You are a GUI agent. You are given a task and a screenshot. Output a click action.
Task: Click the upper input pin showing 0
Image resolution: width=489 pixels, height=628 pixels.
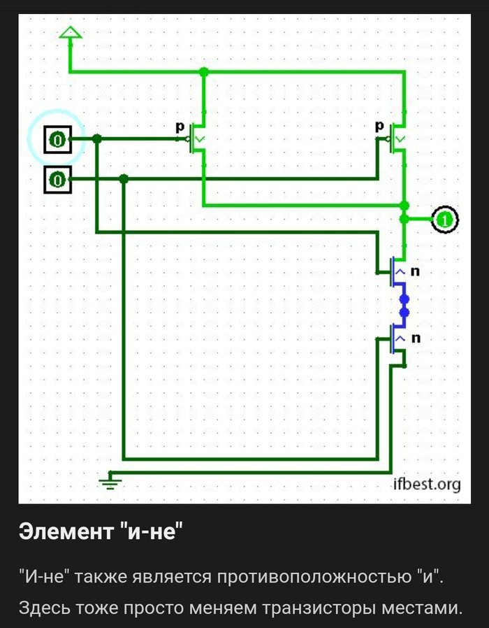pos(57,140)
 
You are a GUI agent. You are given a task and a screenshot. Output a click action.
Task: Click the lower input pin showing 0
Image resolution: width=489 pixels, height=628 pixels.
pos(57,180)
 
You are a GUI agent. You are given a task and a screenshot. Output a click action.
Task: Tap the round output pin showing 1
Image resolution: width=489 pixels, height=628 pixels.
pos(445,220)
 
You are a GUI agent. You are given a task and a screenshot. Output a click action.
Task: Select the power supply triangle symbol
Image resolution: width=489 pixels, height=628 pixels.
pos(70,33)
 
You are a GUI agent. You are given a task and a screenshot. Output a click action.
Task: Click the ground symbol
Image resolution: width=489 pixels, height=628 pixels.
pos(108,480)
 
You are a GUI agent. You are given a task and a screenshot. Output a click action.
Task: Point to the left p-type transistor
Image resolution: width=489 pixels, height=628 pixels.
pos(197,139)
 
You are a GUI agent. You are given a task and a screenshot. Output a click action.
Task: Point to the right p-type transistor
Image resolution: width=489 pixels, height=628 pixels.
pos(397,139)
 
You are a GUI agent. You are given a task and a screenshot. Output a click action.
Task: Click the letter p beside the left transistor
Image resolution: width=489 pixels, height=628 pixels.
pos(180,127)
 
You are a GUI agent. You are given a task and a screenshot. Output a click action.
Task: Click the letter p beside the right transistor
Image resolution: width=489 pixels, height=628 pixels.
pos(380,126)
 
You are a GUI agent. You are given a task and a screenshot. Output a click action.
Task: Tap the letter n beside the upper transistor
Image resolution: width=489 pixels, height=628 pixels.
pos(415,271)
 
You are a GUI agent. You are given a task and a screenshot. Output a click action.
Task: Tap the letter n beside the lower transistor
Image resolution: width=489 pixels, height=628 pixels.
pos(415,338)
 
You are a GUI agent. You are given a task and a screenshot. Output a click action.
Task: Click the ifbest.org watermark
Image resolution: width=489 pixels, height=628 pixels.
pos(426,484)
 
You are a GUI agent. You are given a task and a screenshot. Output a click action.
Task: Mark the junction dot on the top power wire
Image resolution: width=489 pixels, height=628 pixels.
pos(203,71)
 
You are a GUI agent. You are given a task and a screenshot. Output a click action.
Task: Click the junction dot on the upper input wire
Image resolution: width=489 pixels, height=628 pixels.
pos(97,140)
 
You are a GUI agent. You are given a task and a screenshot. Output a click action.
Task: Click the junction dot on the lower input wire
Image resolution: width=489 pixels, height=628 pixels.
pos(124,180)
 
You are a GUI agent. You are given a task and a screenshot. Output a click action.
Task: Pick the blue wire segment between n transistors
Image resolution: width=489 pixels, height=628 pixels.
pos(404,306)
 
